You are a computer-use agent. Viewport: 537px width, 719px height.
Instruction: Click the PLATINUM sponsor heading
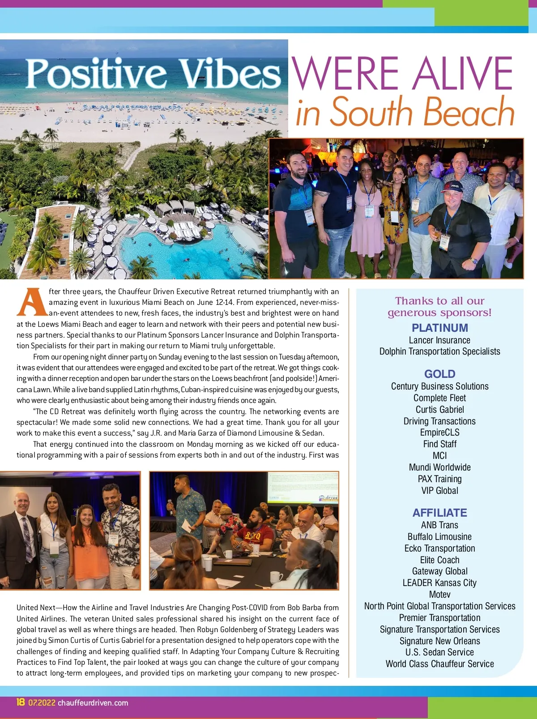[x=439, y=328]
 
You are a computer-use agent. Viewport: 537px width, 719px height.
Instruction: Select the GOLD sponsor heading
[x=439, y=374]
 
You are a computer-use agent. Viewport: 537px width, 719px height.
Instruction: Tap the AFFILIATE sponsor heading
[x=439, y=513]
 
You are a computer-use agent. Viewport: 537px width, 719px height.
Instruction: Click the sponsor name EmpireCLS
[x=439, y=432]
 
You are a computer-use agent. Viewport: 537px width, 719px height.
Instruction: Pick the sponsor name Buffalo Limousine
[x=439, y=536]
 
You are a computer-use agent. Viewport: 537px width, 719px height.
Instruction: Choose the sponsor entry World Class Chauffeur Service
[x=439, y=664]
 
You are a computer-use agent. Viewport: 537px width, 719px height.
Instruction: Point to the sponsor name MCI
[x=439, y=456]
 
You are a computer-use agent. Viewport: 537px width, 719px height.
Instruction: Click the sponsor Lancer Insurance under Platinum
[x=439, y=340]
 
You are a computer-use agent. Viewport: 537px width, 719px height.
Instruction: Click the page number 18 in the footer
[x=21, y=702]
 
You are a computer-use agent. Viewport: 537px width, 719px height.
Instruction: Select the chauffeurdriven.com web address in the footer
[x=93, y=703]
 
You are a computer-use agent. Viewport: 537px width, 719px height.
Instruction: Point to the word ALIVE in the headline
[x=463, y=74]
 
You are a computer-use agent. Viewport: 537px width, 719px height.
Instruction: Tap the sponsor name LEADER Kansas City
[x=439, y=583]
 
